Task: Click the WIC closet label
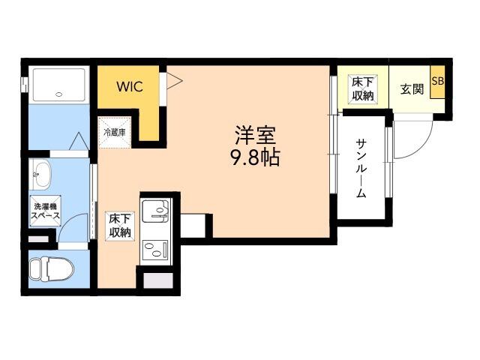(x=130, y=87)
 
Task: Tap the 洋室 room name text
(x=256, y=135)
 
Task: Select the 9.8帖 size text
(x=255, y=157)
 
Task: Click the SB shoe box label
(x=438, y=81)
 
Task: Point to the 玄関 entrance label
(x=412, y=89)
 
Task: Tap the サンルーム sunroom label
(x=361, y=169)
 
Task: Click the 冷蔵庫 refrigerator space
(x=115, y=133)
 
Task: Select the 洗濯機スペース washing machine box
(x=45, y=211)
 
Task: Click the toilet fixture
(x=52, y=268)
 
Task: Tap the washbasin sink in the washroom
(x=40, y=175)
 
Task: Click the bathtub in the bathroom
(x=58, y=85)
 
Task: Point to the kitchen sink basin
(x=155, y=211)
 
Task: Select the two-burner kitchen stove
(x=155, y=249)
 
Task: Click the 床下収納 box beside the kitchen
(x=120, y=226)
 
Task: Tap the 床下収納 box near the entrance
(x=363, y=89)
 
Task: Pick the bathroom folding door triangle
(x=79, y=141)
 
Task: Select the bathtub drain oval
(x=59, y=94)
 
